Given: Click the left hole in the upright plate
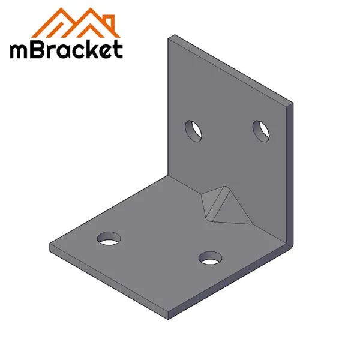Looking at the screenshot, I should click(x=194, y=130).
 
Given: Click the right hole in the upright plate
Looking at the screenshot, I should click(x=261, y=131).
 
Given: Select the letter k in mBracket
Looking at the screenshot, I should click(x=90, y=48).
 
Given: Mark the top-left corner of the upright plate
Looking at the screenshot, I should click(x=168, y=37).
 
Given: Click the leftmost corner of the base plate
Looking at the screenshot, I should click(x=50, y=246).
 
